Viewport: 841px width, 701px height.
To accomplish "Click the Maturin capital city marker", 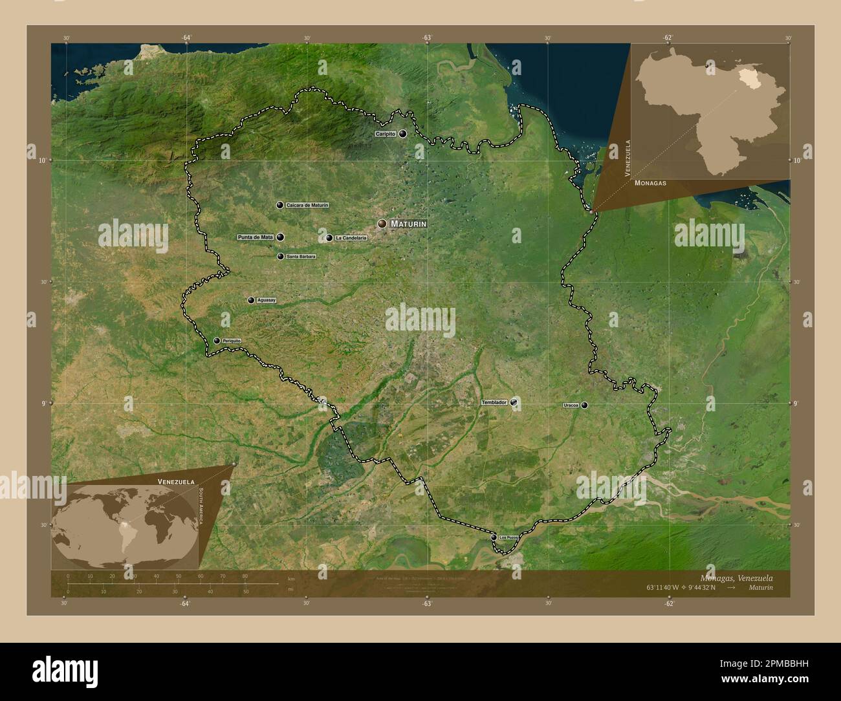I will point(382,224).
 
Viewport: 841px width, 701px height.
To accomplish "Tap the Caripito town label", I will point(386,134).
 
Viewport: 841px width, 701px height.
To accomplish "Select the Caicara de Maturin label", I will point(307,205).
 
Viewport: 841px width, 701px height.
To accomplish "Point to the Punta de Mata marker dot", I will point(280,237).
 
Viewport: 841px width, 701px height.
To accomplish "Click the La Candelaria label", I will point(351,238).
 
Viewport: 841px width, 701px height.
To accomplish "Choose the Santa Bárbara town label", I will point(301,257).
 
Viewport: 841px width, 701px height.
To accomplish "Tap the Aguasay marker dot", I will point(251,300).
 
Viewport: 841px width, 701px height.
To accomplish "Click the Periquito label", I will point(232,341).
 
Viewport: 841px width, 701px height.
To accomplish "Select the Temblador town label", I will point(494,402).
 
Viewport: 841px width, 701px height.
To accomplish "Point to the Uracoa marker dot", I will point(584,405).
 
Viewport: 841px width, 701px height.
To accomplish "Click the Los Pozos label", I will point(509,537).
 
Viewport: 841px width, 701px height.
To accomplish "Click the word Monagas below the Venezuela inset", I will point(651,183).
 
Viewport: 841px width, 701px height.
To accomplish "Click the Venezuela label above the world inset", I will point(177,482).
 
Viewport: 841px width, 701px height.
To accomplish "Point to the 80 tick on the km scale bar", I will point(245,576).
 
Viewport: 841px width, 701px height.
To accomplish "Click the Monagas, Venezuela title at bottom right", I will point(736,577).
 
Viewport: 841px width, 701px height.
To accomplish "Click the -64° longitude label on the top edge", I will point(186,38).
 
